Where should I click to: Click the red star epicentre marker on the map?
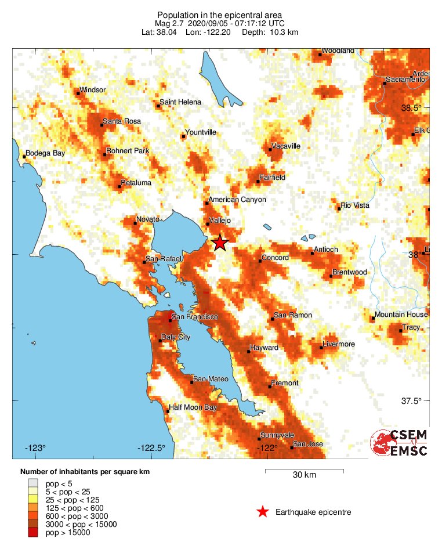pos(220,243)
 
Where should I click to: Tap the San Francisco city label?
pos(194,317)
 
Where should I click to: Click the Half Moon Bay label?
pos(193,407)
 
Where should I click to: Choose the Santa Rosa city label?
pos(122,121)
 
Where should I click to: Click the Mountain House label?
pos(401,315)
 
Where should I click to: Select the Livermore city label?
pos(338,344)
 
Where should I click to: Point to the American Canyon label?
pos(237,200)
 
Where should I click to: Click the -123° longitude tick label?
pos(35,448)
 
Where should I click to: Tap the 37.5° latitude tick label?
pos(412,400)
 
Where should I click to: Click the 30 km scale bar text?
pos(304,475)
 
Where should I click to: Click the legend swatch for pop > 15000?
pos(34,533)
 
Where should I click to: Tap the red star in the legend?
pos(263,512)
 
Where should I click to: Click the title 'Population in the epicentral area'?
pos(220,15)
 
